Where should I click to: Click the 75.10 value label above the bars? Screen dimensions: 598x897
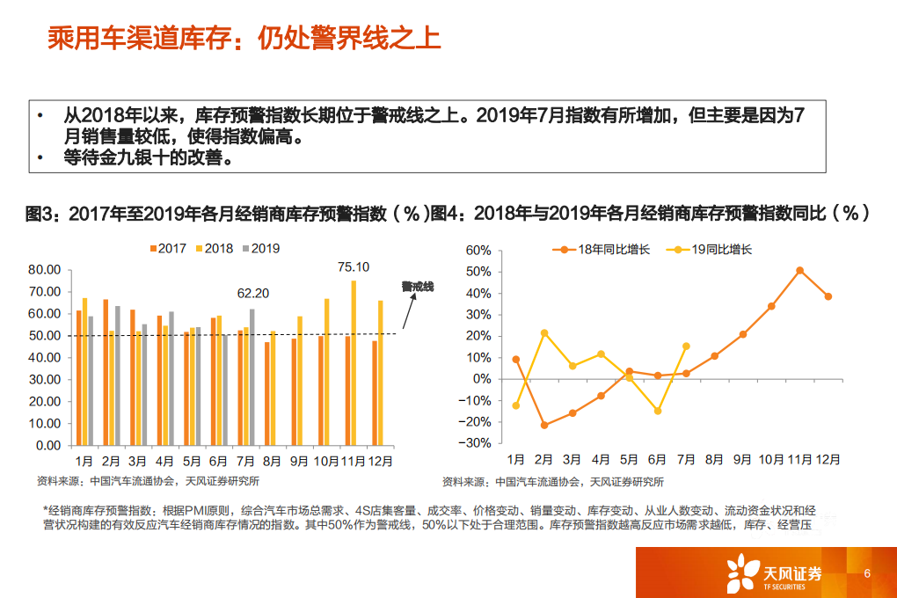(x=354, y=267)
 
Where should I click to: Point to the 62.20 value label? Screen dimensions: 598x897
(x=253, y=294)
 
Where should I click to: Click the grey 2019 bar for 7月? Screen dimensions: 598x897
(x=252, y=376)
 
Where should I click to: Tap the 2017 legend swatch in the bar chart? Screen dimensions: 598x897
(x=153, y=249)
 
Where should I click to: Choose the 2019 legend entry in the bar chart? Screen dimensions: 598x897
(x=259, y=249)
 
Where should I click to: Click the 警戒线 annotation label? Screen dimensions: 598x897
(x=417, y=287)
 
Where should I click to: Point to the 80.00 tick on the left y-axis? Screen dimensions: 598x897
(x=45, y=270)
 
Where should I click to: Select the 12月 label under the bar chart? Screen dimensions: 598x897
(x=380, y=460)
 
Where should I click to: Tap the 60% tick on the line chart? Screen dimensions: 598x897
(x=477, y=250)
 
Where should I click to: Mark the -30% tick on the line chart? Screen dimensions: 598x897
(x=475, y=443)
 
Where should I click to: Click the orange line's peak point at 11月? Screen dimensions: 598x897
(x=799, y=271)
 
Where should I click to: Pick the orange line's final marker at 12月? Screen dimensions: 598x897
(x=828, y=296)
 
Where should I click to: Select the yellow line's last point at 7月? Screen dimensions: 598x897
(x=686, y=346)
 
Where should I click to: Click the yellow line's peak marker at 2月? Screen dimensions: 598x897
(x=543, y=332)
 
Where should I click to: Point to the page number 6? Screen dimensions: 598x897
(x=867, y=573)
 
